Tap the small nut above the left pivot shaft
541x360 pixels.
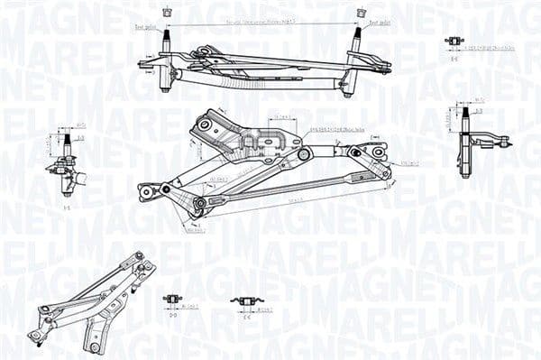165,13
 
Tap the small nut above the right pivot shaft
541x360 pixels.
362,13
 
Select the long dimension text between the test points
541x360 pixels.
262,19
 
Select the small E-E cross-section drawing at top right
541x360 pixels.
454,41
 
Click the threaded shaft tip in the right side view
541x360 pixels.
466,112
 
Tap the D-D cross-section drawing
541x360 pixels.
171,300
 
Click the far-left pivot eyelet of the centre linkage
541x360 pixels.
144,192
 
